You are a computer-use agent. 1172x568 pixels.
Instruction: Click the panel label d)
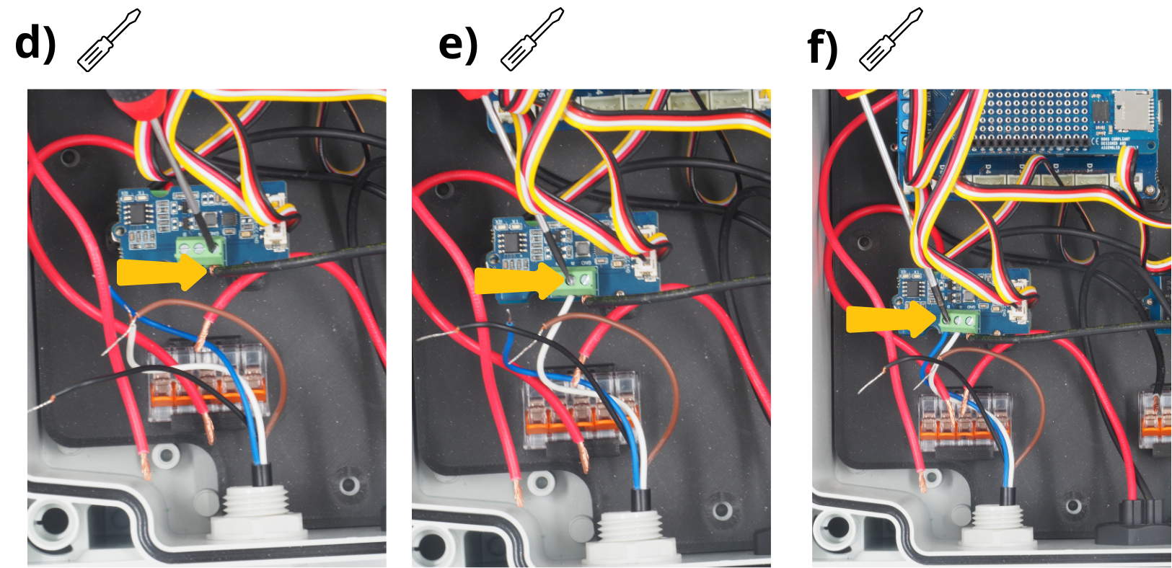(x=35, y=43)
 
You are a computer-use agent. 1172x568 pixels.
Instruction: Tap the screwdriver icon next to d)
(x=109, y=40)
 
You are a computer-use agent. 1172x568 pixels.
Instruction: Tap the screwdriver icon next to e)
(x=532, y=40)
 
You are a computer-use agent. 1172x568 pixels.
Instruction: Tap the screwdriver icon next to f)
(x=891, y=40)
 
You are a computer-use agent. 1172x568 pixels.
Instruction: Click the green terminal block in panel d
(x=201, y=251)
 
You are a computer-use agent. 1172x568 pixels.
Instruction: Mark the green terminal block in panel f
(x=959, y=321)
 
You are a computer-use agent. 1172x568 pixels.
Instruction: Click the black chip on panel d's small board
(x=135, y=213)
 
